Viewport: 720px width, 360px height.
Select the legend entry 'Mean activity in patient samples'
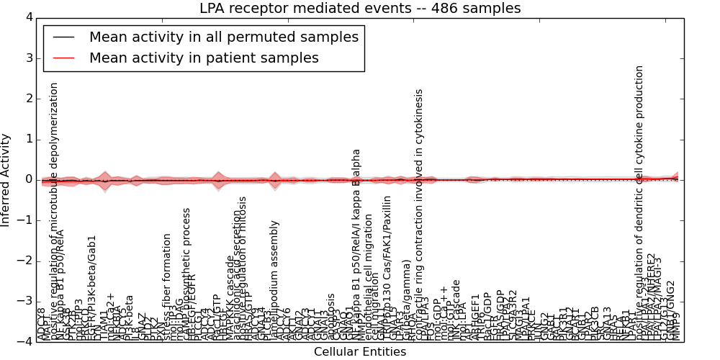[x=204, y=58]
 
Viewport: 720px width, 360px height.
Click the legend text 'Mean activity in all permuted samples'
[x=223, y=37]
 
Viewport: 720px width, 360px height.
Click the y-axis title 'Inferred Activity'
[x=6, y=179]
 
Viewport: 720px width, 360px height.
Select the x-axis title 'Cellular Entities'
[x=360, y=351]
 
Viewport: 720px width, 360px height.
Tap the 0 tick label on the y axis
[x=29, y=179]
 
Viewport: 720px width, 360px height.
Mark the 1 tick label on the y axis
[x=29, y=139]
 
